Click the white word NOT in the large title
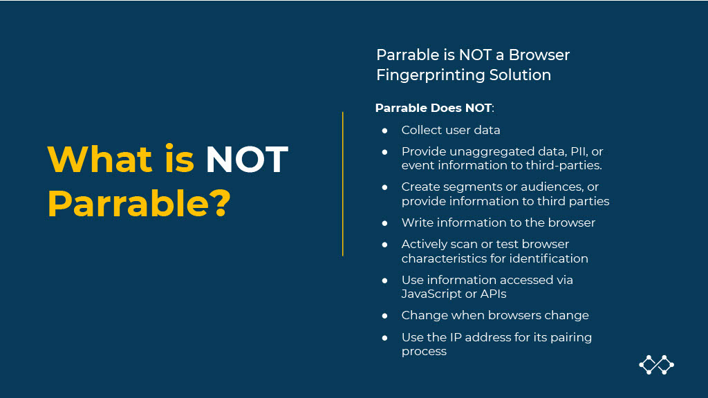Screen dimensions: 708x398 (247, 159)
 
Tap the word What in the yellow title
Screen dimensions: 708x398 (100, 159)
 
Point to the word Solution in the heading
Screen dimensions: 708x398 (520, 75)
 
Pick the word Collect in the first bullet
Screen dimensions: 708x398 (421, 130)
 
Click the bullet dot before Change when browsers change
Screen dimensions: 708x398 (384, 316)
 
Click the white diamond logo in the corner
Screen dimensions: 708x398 (657, 365)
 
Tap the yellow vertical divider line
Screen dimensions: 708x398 (343, 184)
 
